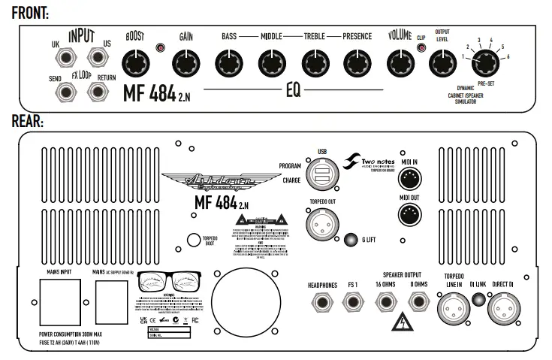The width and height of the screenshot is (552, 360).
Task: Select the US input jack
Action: pyautogui.click(x=95, y=58)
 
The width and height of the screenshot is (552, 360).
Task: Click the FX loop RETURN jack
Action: pyautogui.click(x=95, y=90)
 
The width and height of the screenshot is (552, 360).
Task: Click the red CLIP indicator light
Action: pyautogui.click(x=421, y=50)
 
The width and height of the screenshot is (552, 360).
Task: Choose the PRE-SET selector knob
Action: pyautogui.click(x=481, y=62)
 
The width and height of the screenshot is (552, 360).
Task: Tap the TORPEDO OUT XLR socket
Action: pyautogui.click(x=322, y=223)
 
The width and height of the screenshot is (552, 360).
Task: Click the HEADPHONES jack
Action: pyautogui.click(x=321, y=303)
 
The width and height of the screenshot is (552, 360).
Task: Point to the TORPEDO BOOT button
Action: pyautogui.click(x=194, y=240)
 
